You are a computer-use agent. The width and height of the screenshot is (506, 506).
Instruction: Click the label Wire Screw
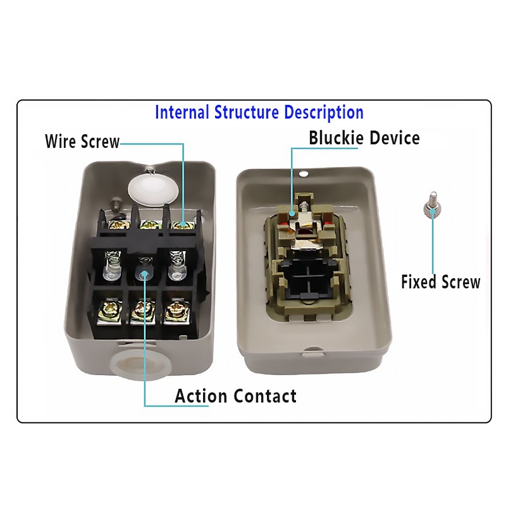click(82, 141)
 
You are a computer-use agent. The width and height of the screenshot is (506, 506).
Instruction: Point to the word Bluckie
click(336, 138)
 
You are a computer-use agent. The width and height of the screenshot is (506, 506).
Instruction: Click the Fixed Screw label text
click(441, 281)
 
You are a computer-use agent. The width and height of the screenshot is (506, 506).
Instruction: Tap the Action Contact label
click(235, 396)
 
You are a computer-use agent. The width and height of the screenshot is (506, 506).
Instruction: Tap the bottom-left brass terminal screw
click(110, 311)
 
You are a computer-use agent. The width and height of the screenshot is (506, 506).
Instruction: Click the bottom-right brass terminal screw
click(176, 311)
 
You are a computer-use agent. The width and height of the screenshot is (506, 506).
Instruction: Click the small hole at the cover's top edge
click(303, 175)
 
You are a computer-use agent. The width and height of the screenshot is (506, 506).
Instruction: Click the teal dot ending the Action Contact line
click(145, 275)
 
